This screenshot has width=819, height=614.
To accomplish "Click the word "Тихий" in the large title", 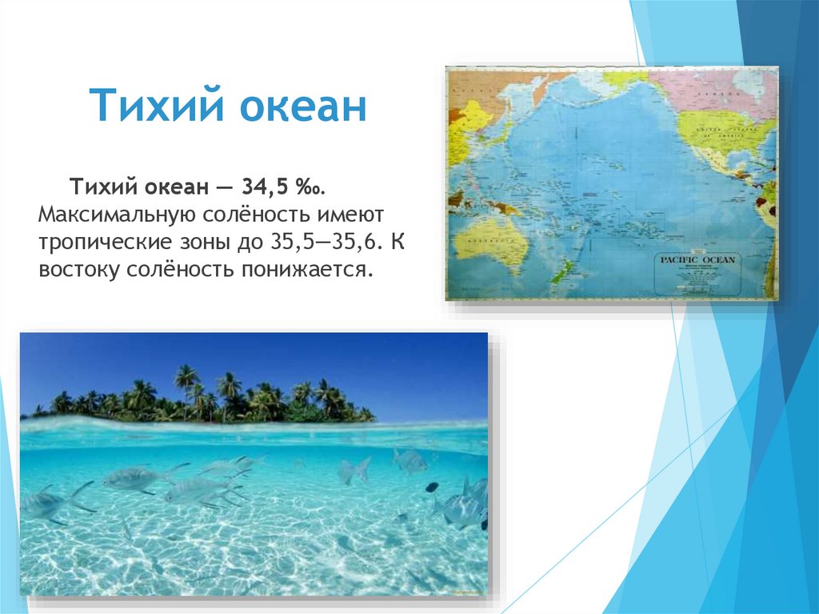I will coord(143,106).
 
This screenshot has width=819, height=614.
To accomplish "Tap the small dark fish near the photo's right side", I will coord(431,486).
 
